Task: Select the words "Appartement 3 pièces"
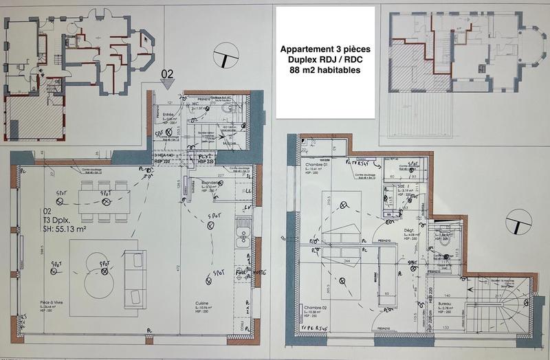pos(324,49)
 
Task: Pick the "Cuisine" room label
pos(202,302)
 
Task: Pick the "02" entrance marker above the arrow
pos(167,71)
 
